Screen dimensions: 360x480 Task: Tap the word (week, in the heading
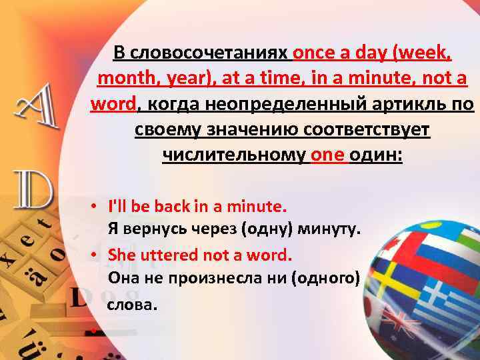pyautogui.click(x=421, y=53)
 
